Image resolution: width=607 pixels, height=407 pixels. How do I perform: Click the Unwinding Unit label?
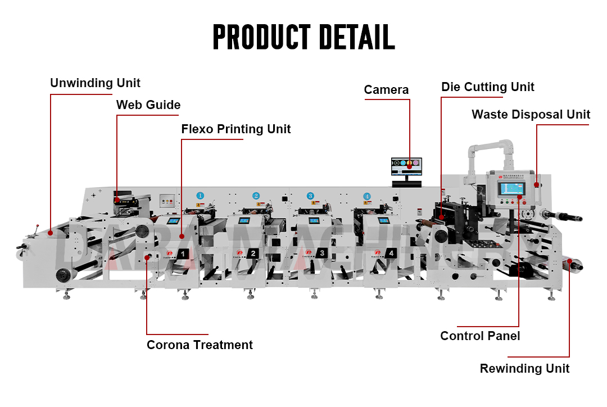point(95,83)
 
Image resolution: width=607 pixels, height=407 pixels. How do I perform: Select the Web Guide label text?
point(148,105)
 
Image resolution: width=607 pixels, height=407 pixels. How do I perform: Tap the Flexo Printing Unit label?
point(235,129)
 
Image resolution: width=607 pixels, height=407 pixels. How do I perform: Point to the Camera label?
point(386,90)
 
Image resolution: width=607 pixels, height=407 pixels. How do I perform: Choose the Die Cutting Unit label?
point(487,87)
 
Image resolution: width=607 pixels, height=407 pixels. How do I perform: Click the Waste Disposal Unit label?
point(531,115)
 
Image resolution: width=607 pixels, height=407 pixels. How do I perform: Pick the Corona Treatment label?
point(200,345)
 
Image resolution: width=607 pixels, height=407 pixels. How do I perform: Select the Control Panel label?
point(480,336)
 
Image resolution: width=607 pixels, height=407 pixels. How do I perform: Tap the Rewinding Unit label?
point(524,369)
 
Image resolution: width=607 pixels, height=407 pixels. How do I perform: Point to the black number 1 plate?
point(183,254)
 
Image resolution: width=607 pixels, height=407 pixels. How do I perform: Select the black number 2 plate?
point(253,254)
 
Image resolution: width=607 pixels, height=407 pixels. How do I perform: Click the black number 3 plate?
point(322,253)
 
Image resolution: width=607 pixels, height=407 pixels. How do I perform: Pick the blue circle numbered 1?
point(200,196)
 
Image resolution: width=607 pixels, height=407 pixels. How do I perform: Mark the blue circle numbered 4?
point(367,196)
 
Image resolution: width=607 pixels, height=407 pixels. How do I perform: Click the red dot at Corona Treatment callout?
point(147,257)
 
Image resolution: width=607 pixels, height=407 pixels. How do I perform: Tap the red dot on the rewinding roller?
point(569,261)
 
